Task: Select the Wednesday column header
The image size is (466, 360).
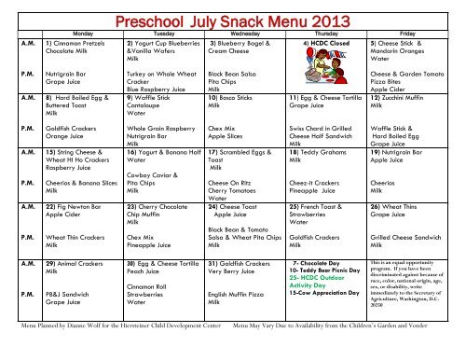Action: (234, 30)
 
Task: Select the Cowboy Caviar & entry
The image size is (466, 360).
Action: (148, 201)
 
